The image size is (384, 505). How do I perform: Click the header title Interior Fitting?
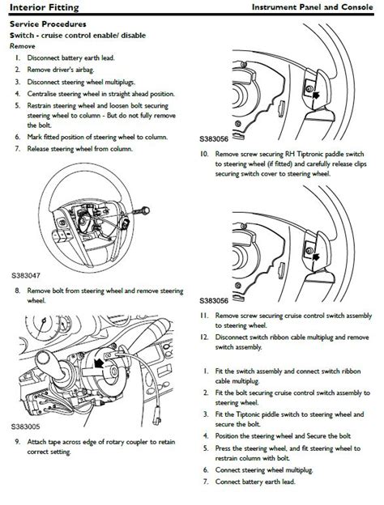pyautogui.click(x=45, y=7)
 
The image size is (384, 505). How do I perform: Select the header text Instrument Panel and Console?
pyautogui.click(x=312, y=6)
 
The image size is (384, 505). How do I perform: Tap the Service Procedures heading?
pyautogui.click(x=48, y=24)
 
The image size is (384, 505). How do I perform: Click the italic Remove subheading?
pyautogui.click(x=22, y=46)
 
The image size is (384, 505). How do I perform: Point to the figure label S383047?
pyautogui.click(x=26, y=276)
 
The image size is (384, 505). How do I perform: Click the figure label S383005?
pyautogui.click(x=26, y=426)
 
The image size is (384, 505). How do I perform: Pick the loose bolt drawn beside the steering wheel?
pyautogui.click(x=141, y=211)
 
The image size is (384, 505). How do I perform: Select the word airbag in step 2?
pyautogui.click(x=85, y=70)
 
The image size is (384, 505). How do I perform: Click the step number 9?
pyautogui.click(x=17, y=442)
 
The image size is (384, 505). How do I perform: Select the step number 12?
pyautogui.click(x=204, y=337)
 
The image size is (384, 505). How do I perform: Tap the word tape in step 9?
pyautogui.click(x=54, y=442)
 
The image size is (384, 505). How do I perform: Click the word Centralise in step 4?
pyautogui.click(x=41, y=94)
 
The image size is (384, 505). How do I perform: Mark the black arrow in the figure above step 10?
pyautogui.click(x=316, y=95)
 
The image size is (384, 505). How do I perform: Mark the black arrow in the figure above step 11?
pyautogui.click(x=316, y=257)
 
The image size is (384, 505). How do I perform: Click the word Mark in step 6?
pyautogui.click(x=34, y=137)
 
